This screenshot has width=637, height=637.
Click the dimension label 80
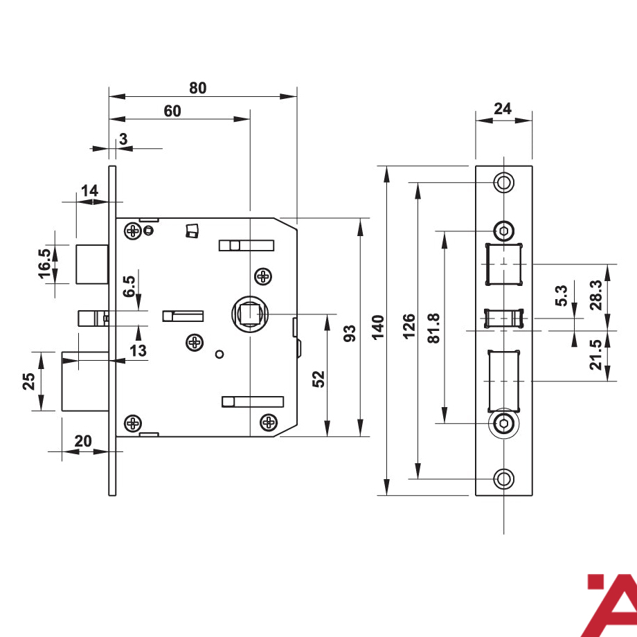click(198, 88)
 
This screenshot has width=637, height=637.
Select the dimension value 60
click(172, 111)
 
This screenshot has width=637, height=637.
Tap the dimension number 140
click(378, 328)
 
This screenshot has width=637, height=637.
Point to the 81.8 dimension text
click(434, 328)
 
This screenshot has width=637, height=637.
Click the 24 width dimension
click(503, 109)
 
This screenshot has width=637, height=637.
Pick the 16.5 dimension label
click(45, 264)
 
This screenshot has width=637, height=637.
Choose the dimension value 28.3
click(596, 295)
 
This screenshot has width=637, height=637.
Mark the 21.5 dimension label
click(596, 355)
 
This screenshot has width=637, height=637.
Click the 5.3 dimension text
click(561, 296)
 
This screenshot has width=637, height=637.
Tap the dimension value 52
click(319, 379)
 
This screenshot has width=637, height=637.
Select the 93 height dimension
click(350, 333)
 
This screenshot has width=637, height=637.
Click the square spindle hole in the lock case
click(250, 314)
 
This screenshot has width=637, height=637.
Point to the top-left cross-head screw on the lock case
click(132, 231)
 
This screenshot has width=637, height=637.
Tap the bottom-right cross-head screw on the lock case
click(269, 422)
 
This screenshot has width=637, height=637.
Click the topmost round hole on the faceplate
click(504, 182)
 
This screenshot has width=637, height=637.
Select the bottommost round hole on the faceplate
click(504, 479)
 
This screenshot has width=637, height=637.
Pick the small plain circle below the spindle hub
click(219, 355)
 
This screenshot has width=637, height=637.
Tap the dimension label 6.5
click(129, 287)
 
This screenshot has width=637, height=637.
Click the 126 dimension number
click(409, 326)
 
